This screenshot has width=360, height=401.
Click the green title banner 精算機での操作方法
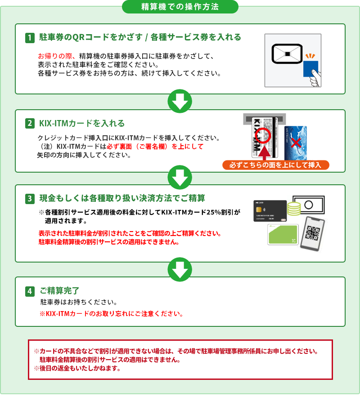tap(180, 7)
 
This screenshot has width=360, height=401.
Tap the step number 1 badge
tap(30, 38)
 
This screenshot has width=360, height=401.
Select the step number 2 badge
tap(30, 123)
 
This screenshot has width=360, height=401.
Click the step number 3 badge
tap(30, 199)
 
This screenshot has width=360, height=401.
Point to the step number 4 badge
tap(30, 291)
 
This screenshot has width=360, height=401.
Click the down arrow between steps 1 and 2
tap(180, 101)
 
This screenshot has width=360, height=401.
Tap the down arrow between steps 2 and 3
tap(180, 177)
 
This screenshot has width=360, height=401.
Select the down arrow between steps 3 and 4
tap(180, 269)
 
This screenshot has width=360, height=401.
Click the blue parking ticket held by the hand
tap(310, 69)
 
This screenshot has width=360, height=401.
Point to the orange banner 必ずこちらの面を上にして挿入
tap(276, 165)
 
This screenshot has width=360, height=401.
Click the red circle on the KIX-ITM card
tap(263, 136)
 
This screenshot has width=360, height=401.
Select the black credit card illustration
tap(270, 211)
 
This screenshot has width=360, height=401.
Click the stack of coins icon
tap(294, 209)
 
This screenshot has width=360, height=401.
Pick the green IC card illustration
tap(283, 234)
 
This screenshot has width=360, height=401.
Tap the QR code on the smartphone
tap(313, 233)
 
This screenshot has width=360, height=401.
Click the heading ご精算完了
tap(60, 291)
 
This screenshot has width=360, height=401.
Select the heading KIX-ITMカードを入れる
tap(82, 123)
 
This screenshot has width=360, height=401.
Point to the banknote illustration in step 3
tap(309, 205)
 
